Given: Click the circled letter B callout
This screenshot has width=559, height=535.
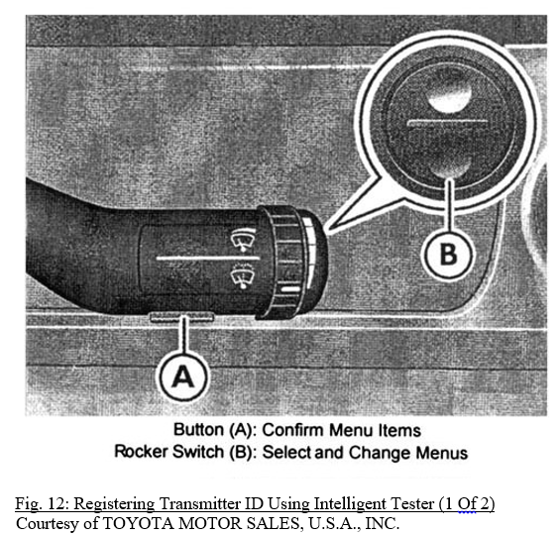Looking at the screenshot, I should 449,254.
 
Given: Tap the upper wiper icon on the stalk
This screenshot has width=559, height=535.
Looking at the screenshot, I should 239,238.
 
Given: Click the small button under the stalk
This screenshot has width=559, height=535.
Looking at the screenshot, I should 181,317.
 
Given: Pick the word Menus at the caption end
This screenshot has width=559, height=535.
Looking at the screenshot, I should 443,453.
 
